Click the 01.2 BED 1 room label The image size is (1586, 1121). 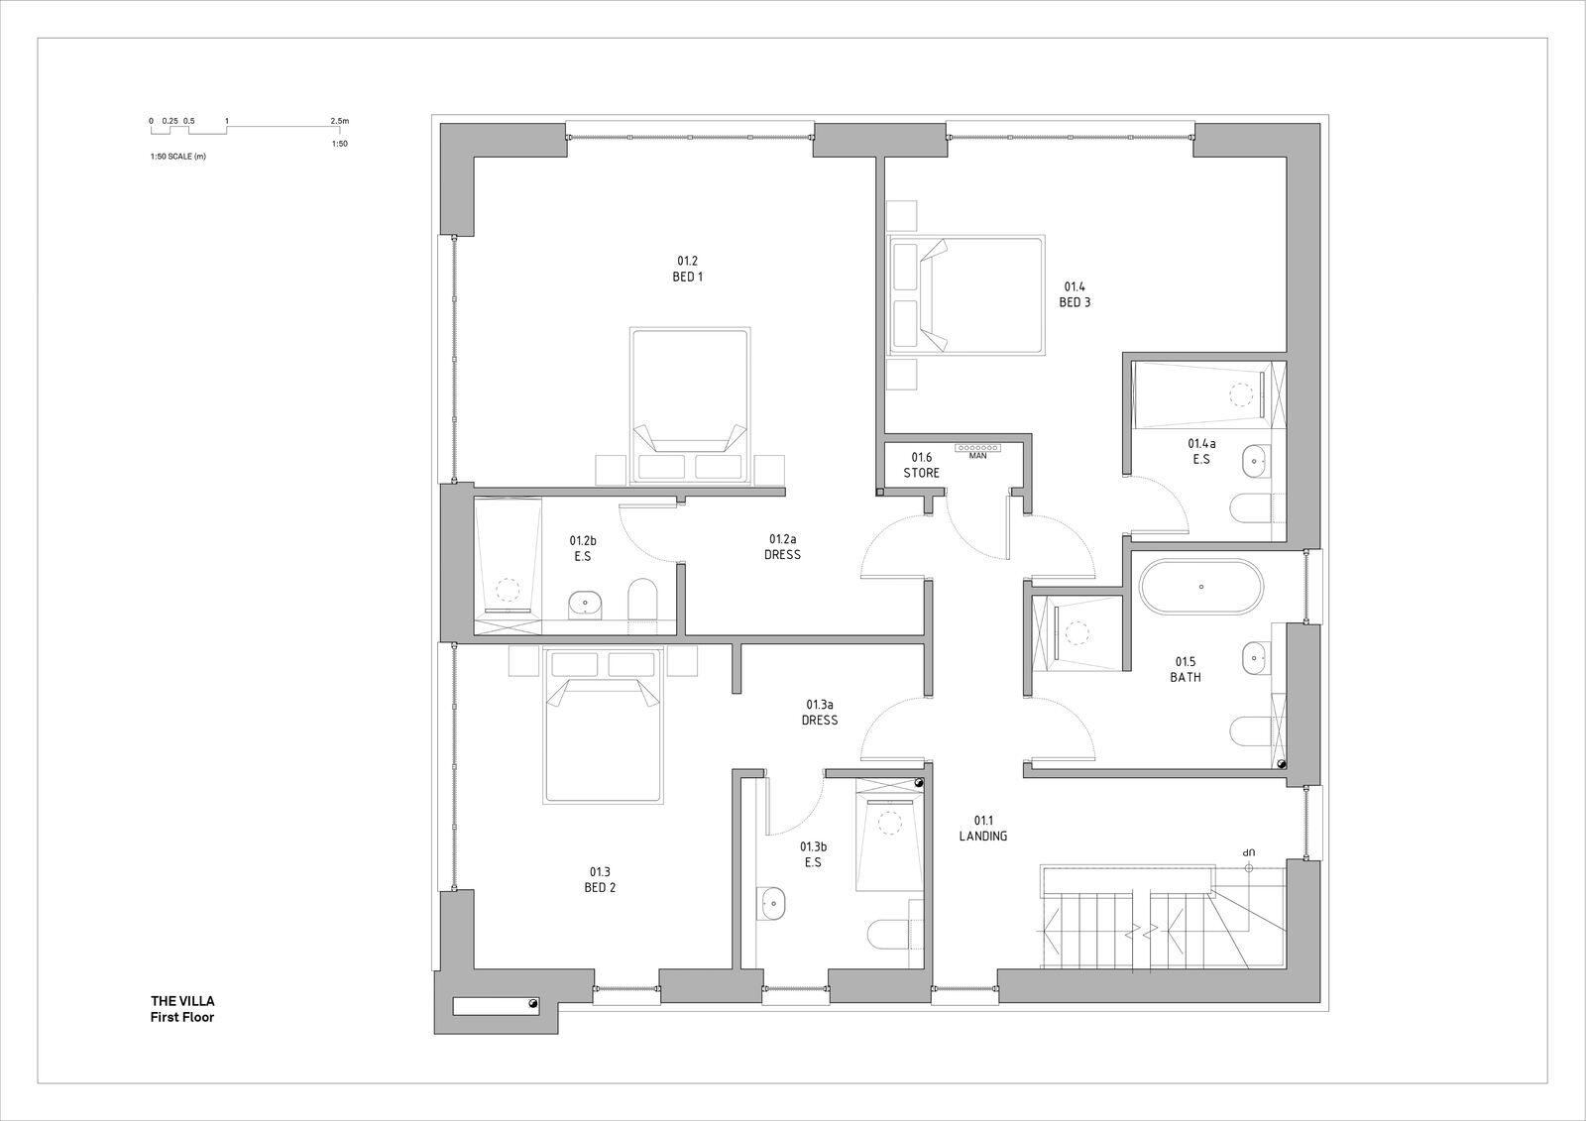[x=687, y=270]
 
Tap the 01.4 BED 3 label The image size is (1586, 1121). [x=1075, y=295]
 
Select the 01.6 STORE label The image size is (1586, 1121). [x=921, y=465]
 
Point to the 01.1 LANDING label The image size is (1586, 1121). [x=982, y=829]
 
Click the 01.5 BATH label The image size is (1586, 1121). [x=1186, y=670]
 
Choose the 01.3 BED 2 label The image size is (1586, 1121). [x=600, y=880]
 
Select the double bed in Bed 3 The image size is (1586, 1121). [x=966, y=295]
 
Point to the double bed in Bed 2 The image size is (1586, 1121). [x=603, y=726]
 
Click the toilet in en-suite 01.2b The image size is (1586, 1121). [x=643, y=602]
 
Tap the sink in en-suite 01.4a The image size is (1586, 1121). [x=1257, y=459]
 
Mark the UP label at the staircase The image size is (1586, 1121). [x=1249, y=851]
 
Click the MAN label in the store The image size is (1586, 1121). [x=977, y=456]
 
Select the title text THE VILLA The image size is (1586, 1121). [x=182, y=1001]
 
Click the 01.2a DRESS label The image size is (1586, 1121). [x=782, y=547]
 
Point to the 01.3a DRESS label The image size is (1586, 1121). [x=820, y=713]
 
